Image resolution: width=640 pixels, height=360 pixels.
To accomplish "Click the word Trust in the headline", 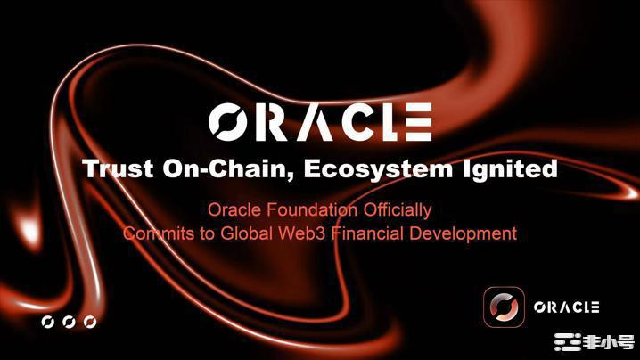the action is [x=118, y=168].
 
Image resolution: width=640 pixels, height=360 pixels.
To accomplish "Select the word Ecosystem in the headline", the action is [x=378, y=169].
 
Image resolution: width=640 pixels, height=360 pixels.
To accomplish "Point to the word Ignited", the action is [x=510, y=169].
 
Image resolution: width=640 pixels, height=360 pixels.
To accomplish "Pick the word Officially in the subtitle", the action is [x=398, y=210].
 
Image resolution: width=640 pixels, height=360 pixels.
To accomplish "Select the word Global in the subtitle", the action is [x=246, y=233].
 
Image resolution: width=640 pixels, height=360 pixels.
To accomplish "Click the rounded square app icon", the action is [x=505, y=307].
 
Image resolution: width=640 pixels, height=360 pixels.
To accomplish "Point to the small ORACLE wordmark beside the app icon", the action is [x=567, y=307].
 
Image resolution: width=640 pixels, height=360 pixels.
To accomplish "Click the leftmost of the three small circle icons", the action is [x=48, y=322].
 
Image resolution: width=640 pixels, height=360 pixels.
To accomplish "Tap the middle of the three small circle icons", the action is [x=69, y=322].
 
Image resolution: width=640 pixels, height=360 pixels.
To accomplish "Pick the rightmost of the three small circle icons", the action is [x=90, y=322].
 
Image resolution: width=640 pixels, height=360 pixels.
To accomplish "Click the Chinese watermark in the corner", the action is [x=595, y=342].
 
